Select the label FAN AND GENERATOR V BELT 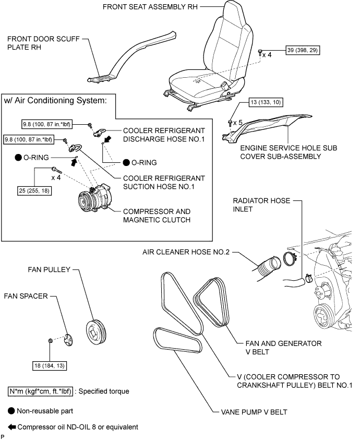click(283, 347)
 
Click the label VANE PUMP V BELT click(250, 412)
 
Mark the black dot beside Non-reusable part click(11, 410)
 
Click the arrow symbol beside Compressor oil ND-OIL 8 click(11, 427)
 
